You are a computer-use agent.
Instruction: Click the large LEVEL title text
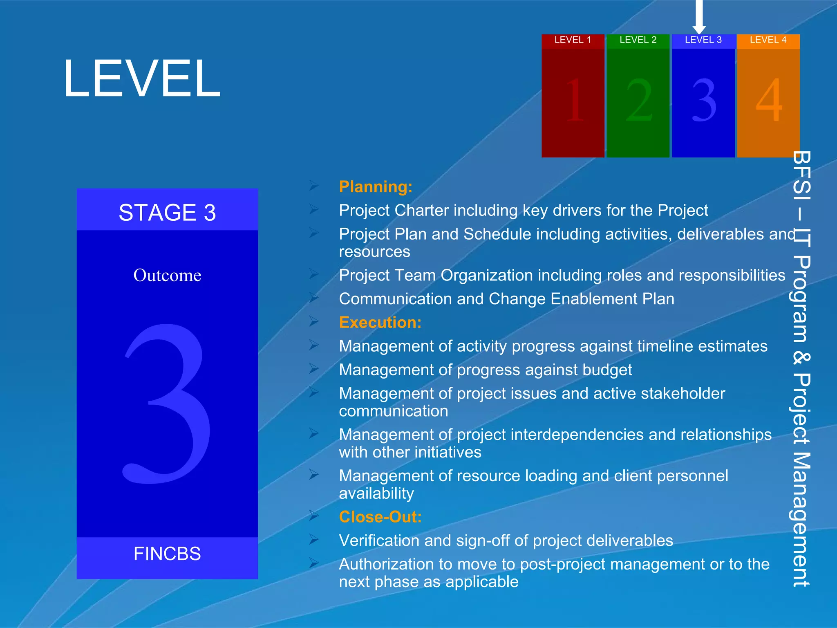click(142, 78)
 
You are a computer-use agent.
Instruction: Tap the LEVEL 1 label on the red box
click(573, 40)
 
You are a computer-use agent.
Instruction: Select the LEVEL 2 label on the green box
click(638, 40)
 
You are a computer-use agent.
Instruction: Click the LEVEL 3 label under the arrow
click(703, 40)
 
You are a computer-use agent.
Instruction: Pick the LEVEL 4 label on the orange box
click(768, 40)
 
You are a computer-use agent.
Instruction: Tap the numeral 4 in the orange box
click(769, 101)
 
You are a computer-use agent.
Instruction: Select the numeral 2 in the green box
click(639, 101)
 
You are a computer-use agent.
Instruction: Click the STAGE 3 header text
click(167, 213)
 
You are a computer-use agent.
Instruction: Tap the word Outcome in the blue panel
click(167, 275)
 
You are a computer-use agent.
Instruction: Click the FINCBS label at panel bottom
click(167, 554)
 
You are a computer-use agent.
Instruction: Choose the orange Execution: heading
click(380, 323)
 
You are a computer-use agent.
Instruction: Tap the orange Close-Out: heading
click(380, 517)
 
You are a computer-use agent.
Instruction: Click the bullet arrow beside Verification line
click(314, 540)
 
